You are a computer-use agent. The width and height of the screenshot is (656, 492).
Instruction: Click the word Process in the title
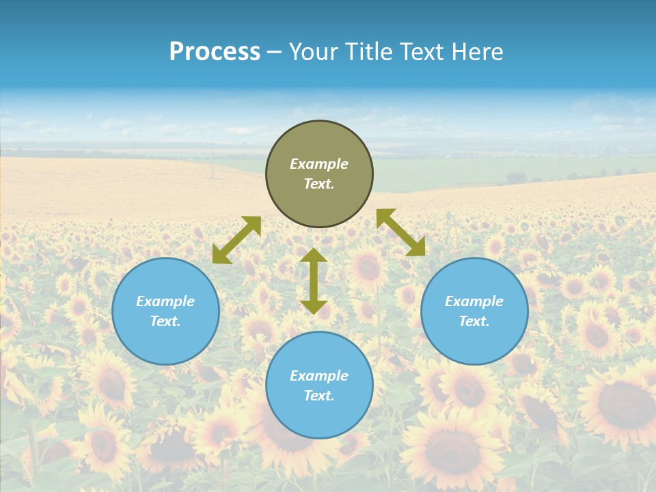click(x=215, y=52)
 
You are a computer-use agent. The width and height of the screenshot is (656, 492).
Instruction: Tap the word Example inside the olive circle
click(x=319, y=164)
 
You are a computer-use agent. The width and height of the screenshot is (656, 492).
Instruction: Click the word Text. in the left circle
click(x=165, y=321)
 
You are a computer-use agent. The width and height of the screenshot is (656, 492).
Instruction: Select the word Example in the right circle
click(x=474, y=301)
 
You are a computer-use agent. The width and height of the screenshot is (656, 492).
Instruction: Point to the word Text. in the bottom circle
click(x=319, y=396)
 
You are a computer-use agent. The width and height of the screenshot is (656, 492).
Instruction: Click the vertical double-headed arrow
click(x=314, y=281)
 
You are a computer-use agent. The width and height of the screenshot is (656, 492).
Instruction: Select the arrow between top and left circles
click(x=236, y=240)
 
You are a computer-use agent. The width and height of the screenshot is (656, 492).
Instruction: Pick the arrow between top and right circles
click(x=400, y=232)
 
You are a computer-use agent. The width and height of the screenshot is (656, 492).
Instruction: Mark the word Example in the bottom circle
click(x=319, y=376)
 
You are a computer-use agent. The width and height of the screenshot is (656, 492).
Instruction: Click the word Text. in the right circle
click(x=474, y=321)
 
